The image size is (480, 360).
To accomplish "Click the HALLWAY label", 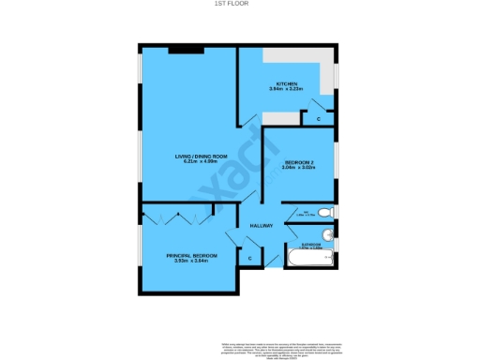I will click(260, 226).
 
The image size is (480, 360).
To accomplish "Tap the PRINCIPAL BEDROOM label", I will click(192, 255).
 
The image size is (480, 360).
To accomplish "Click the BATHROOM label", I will click(309, 245).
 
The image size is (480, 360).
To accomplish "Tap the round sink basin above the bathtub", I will click(326, 234).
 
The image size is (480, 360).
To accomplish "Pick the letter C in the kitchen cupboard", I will click(318, 119).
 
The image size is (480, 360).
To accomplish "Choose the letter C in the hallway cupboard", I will click(250, 257).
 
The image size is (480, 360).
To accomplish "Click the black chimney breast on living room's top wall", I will click(180, 49).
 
